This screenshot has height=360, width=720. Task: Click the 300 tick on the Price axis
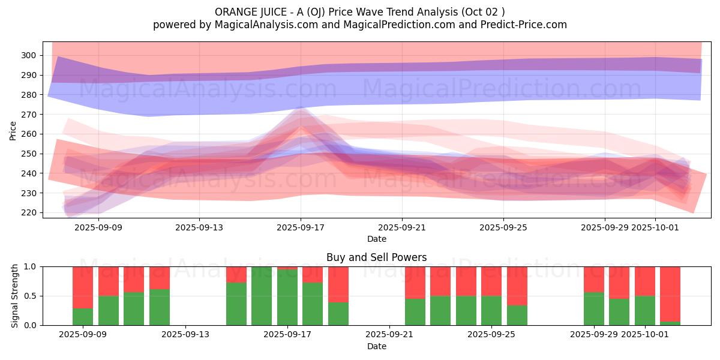(29, 55)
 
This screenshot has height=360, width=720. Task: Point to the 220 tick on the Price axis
(29, 213)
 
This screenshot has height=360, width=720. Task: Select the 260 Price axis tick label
(29, 134)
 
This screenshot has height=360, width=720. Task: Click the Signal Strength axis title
(16, 296)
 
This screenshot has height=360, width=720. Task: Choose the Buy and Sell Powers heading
(376, 257)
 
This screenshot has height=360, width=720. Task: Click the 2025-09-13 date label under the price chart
(199, 227)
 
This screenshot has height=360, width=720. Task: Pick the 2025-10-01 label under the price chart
(655, 227)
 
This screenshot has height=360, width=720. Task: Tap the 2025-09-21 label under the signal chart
(390, 335)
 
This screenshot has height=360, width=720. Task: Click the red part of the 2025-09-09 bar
(83, 287)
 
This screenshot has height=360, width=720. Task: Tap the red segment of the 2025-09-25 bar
(491, 281)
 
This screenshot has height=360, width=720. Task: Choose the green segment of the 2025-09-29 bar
(593, 309)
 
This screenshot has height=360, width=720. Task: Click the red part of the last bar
(670, 294)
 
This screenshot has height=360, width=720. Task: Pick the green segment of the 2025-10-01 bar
(644, 311)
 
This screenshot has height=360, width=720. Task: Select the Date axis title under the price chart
(376, 239)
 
